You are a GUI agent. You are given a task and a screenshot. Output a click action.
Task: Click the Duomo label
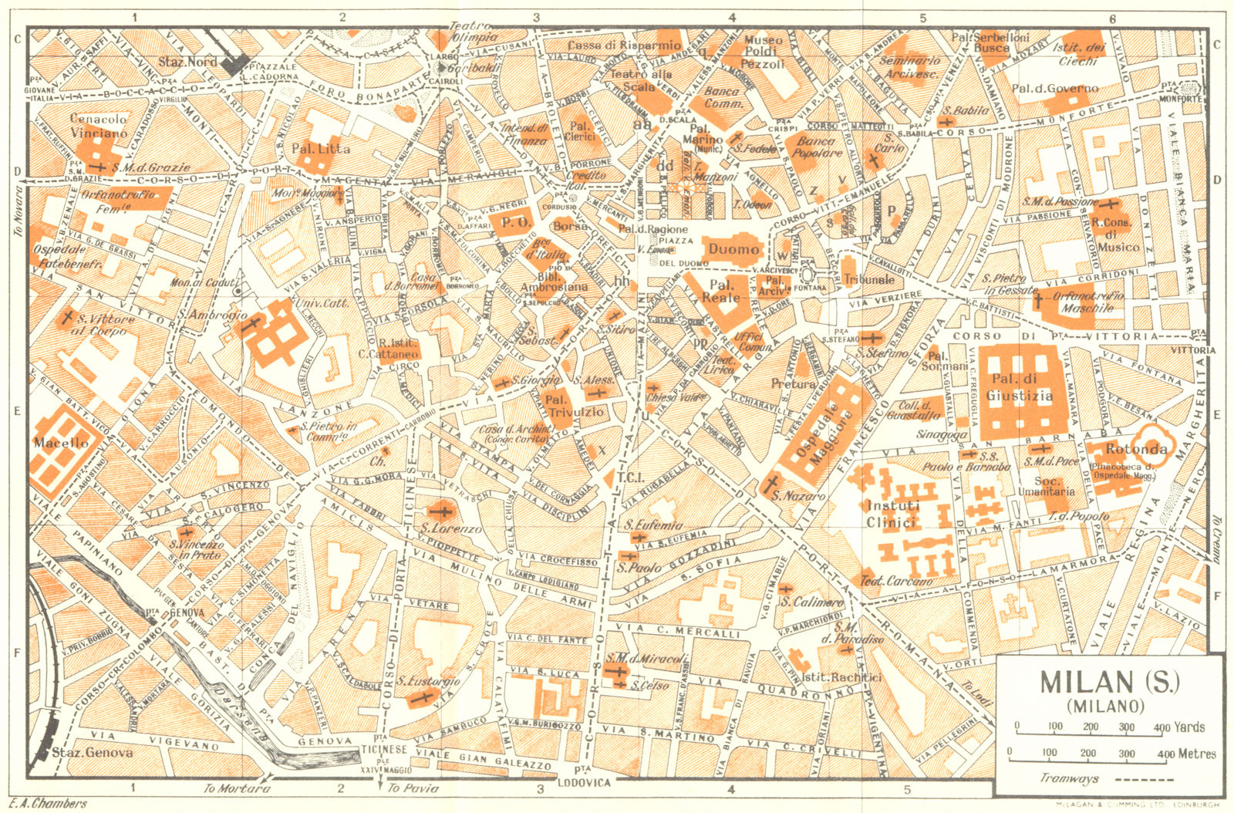tap(733, 249)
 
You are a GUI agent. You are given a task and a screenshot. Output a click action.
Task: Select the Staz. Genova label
tap(92, 752)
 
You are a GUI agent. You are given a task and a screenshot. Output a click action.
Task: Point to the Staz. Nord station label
tap(187, 61)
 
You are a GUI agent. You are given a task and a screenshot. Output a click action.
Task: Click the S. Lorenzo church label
tap(450, 529)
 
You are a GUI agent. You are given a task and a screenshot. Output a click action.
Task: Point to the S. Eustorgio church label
tap(429, 681)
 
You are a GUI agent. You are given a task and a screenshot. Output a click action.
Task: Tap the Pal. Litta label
tap(321, 148)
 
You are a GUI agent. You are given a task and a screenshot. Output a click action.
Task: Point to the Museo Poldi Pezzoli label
tap(762, 52)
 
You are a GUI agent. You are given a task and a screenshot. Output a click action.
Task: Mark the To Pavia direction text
tap(414, 788)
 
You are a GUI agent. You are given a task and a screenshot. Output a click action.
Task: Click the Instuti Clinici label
tap(893, 514)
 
